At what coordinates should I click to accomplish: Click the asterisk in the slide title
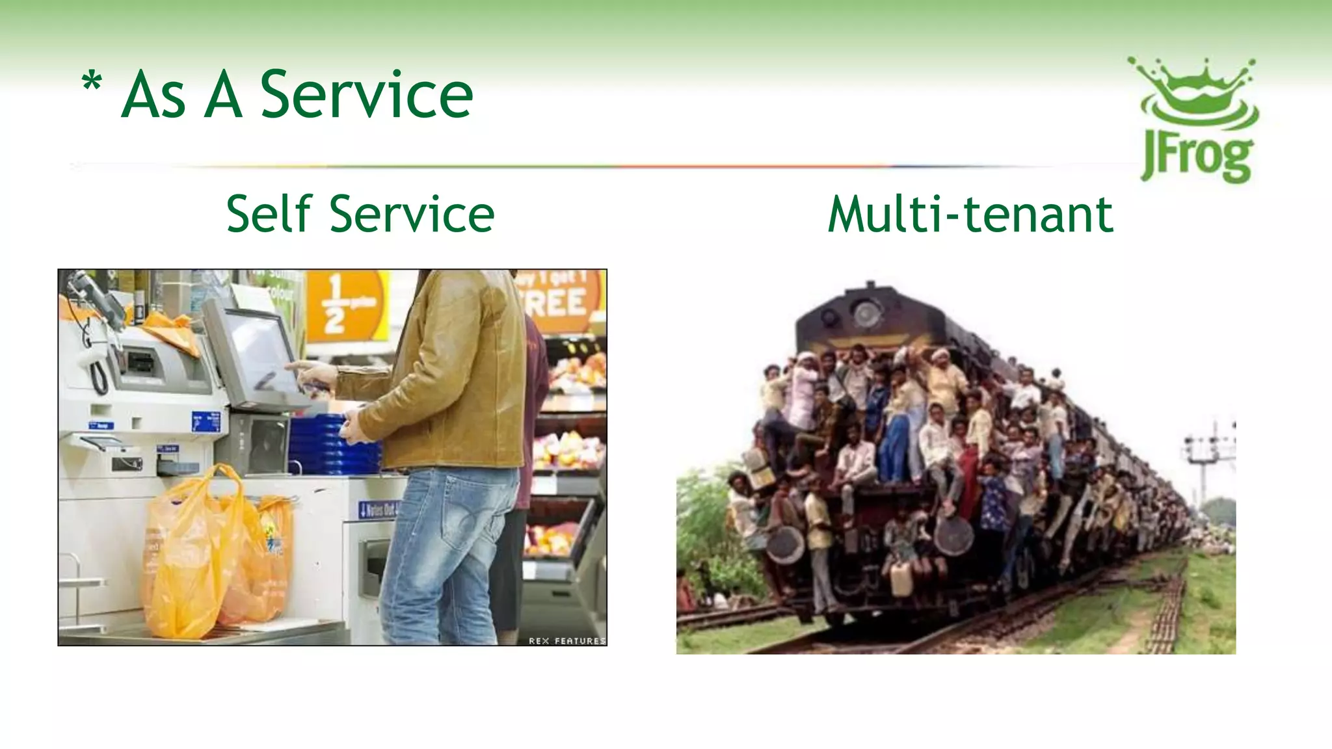[x=92, y=83]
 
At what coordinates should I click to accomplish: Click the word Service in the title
[x=366, y=96]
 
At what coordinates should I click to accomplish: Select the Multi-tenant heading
[x=970, y=214]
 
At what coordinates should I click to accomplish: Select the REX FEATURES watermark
[x=566, y=640]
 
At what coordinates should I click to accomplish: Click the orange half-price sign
[x=345, y=306]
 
